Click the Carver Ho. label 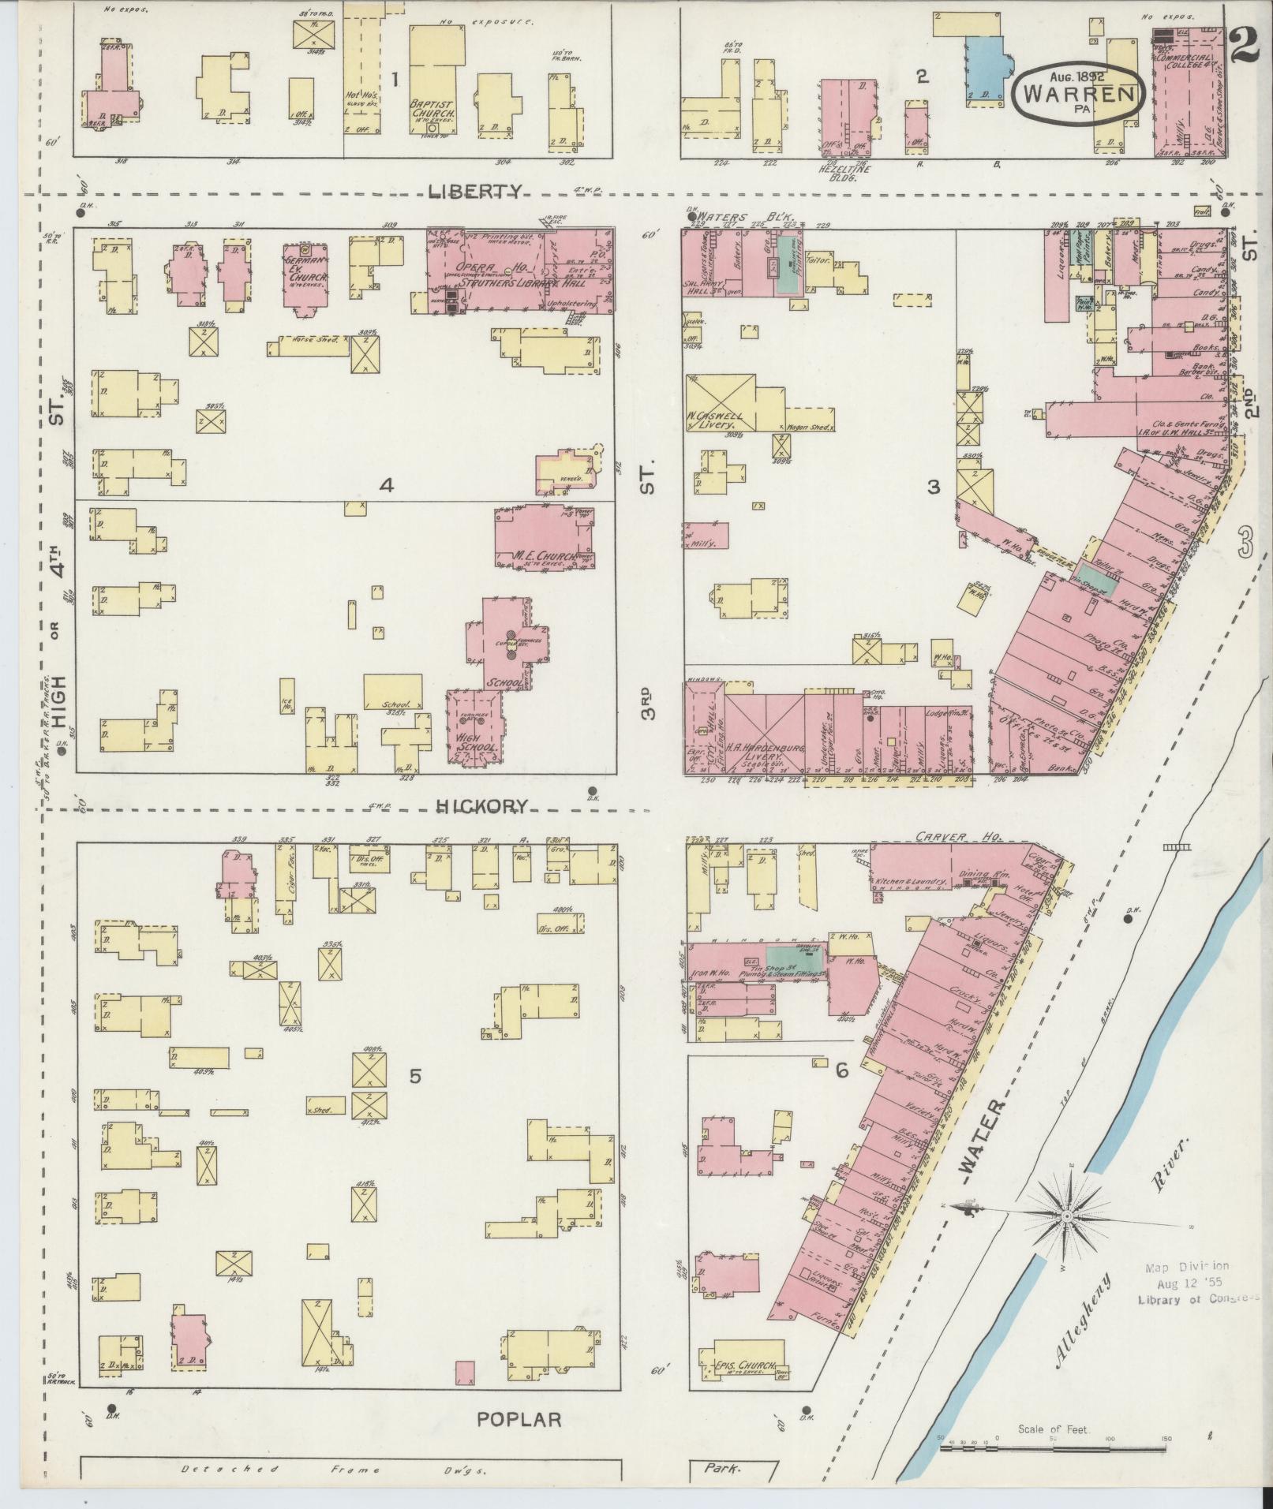946,837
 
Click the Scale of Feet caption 1054,1429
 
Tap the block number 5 415,1075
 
